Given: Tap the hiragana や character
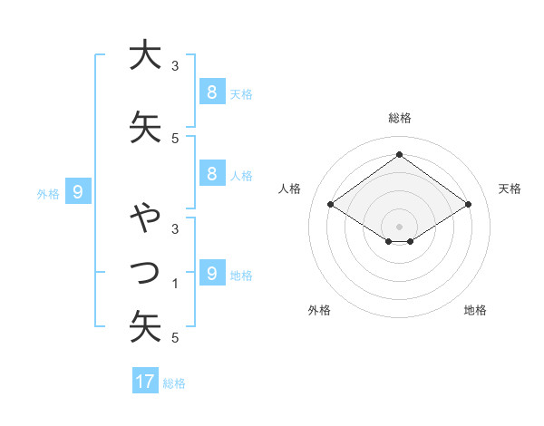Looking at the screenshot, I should pos(145,218).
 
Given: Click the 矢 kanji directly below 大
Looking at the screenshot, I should pos(145,128).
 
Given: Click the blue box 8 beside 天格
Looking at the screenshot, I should pos(211,92).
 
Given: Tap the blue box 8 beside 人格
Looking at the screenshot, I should pos(211,174).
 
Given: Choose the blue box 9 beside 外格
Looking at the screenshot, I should pos(78,192).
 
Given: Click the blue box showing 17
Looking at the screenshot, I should pos(145,382).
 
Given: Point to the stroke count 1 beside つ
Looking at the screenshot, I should pos(176,284).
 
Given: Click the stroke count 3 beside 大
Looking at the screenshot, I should pos(176,66).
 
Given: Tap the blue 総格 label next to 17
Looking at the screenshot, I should pos(174,383).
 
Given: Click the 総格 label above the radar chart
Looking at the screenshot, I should pos(399,118).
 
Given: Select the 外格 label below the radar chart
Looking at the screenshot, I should pos(319,310).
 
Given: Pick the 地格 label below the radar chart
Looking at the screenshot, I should pos(475,310).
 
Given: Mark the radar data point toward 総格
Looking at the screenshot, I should pos(399,155).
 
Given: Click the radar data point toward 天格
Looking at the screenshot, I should pos(468,205).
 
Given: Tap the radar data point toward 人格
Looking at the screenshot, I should pos(331,205).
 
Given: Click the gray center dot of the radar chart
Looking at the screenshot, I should pos(399,226).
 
